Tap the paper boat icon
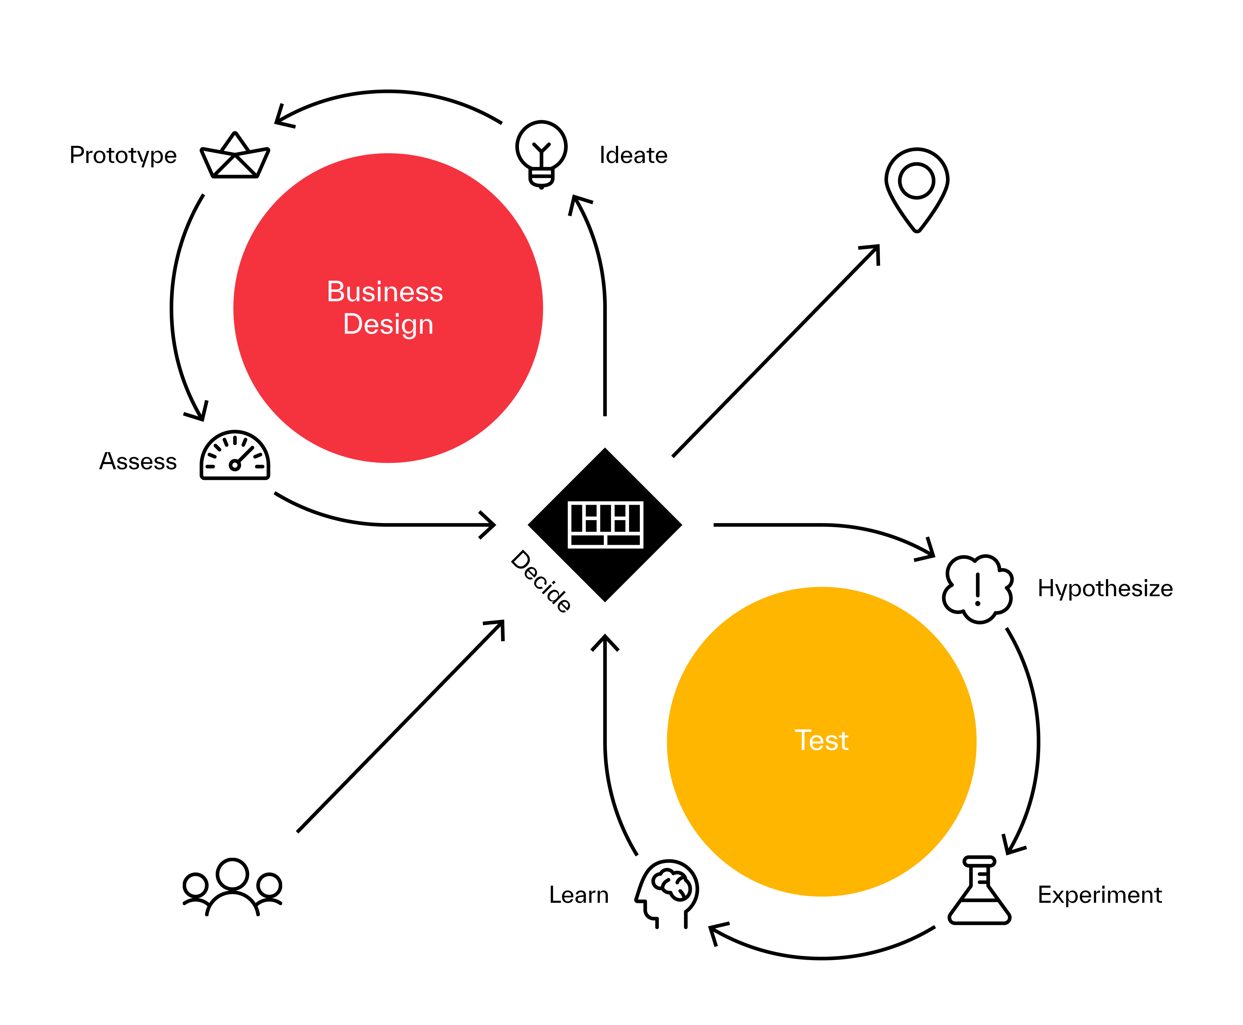pyautogui.click(x=235, y=156)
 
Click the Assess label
pyautogui.click(x=138, y=461)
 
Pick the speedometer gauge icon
pyautogui.click(x=235, y=456)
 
